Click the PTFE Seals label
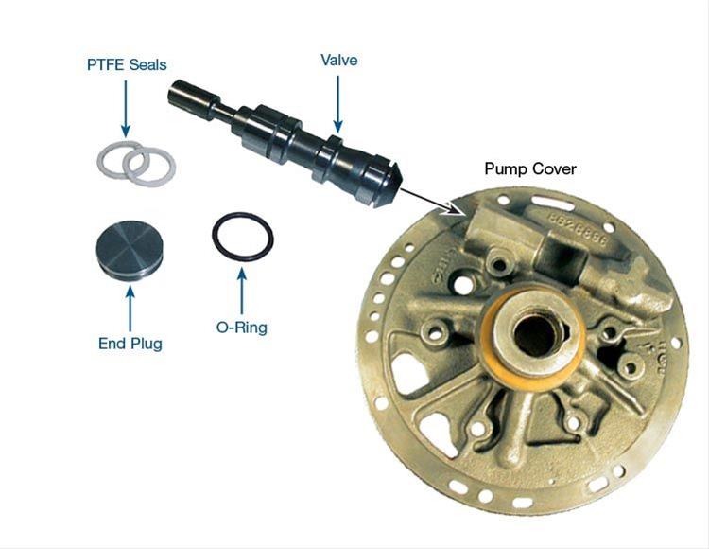click(x=127, y=64)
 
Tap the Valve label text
click(x=339, y=60)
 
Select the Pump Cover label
click(x=530, y=168)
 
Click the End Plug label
click(x=130, y=344)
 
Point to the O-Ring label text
click(x=242, y=327)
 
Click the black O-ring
click(x=213, y=236)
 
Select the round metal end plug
click(x=130, y=249)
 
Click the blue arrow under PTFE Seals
click(x=126, y=109)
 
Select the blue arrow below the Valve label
click(x=337, y=104)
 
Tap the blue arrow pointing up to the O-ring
click(x=242, y=291)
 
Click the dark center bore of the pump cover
click(x=536, y=336)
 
